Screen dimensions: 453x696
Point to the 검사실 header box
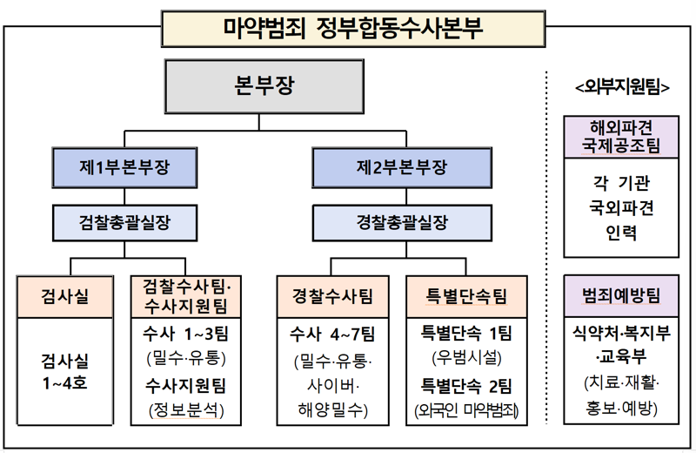[x=65, y=296]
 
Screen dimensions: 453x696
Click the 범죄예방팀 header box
[x=621, y=296]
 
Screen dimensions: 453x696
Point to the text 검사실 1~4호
[x=65, y=370]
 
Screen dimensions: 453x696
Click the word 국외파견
[x=621, y=209]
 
